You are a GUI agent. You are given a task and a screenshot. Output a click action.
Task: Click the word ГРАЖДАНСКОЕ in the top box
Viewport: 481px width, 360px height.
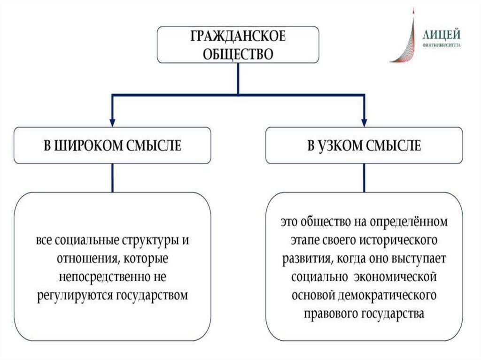click(x=238, y=37)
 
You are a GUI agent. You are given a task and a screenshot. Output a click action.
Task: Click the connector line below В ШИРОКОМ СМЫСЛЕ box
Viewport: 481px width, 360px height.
click(x=112, y=178)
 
